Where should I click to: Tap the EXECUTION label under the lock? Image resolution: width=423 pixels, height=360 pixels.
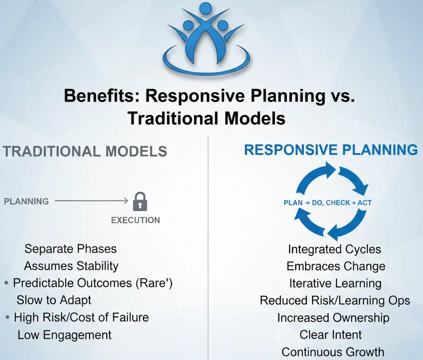135,220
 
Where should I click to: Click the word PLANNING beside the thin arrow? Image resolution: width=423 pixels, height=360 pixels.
26,201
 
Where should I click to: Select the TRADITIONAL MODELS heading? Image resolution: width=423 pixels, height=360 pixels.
85,151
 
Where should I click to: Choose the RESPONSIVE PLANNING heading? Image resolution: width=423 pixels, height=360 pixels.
331,150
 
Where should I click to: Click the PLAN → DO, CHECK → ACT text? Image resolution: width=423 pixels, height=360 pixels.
327,203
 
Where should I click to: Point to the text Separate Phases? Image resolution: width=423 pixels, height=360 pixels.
70,249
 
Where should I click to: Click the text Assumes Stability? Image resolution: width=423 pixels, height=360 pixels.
71,266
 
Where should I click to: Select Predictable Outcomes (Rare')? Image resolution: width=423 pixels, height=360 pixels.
92,283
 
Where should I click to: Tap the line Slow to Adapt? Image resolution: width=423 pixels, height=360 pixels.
54,300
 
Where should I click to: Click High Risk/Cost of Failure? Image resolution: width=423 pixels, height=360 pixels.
81,317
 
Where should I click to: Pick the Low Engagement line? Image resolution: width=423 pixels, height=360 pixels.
65,334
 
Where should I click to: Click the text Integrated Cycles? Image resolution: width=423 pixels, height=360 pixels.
334,249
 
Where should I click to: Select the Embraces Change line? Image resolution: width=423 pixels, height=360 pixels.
336,266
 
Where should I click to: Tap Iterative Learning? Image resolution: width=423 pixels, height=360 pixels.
335,283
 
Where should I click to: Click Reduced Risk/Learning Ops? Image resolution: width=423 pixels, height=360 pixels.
335,301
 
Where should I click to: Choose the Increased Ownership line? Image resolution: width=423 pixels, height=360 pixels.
333,318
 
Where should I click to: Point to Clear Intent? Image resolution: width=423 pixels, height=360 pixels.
331,334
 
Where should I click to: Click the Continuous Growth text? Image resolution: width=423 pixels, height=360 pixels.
333,352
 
